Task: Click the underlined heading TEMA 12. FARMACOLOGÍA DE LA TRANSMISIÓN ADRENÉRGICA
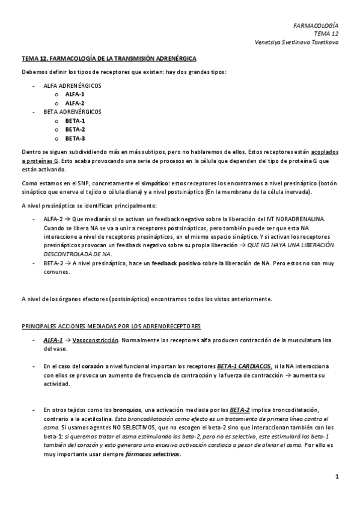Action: click(x=108, y=58)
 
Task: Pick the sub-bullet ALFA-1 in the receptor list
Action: click(x=75, y=94)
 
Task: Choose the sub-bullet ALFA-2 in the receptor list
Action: click(x=75, y=103)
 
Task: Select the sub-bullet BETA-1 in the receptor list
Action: click(x=75, y=121)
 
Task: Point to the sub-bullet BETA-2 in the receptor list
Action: click(x=75, y=129)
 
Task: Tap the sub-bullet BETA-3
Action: click(x=75, y=138)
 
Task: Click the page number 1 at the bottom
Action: click(x=337, y=477)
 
